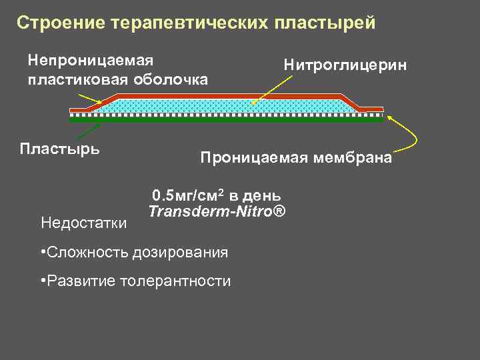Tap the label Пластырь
(60, 147)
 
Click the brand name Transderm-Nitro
(217, 212)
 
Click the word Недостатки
(84, 221)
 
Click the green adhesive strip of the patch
(227, 121)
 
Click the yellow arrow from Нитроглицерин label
(273, 90)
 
